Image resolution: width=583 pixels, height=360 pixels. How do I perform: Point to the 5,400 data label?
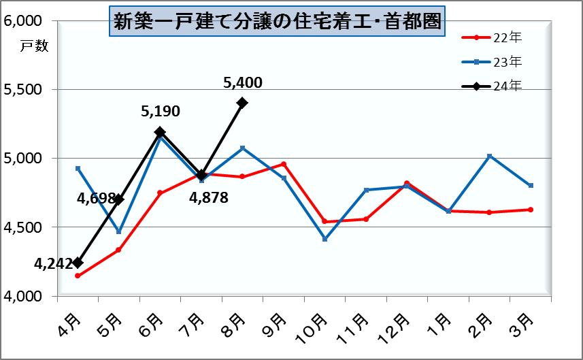(x=243, y=83)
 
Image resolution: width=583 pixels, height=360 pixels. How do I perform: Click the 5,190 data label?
(x=161, y=111)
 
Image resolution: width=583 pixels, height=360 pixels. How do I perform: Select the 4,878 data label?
(x=208, y=198)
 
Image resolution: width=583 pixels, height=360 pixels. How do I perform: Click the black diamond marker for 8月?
(x=242, y=103)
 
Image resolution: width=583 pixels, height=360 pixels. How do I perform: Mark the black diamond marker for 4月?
(x=78, y=263)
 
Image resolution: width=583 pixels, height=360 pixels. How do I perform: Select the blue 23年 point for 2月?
(x=489, y=156)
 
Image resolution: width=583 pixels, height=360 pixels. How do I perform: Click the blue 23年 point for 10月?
(x=324, y=240)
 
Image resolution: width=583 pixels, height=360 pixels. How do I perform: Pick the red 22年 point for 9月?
(x=284, y=164)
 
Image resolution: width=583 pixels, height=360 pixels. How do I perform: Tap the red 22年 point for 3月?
(x=530, y=210)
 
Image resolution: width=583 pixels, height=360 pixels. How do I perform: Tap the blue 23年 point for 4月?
(x=78, y=168)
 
